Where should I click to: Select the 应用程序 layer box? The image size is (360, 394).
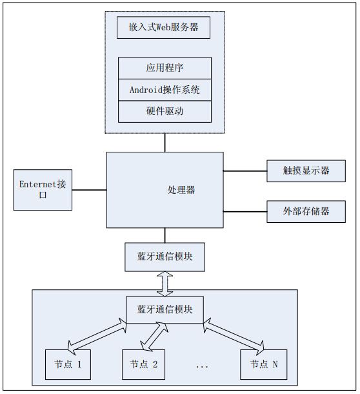click(165, 68)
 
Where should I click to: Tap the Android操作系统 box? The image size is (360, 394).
click(165, 89)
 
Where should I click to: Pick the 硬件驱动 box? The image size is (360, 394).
click(165, 111)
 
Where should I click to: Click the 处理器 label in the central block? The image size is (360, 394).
click(181, 190)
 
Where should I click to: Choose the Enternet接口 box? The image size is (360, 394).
click(43, 190)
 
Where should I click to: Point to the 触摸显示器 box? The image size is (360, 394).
click(306, 171)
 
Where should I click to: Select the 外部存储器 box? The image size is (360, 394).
click(306, 211)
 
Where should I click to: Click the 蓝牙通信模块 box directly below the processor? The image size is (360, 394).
click(165, 257)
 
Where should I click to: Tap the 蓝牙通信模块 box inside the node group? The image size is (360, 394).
click(165, 308)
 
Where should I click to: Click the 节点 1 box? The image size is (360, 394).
click(67, 364)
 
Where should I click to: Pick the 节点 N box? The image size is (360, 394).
click(263, 364)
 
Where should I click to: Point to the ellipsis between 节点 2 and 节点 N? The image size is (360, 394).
click(201, 366)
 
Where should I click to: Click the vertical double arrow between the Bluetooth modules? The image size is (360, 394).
click(165, 282)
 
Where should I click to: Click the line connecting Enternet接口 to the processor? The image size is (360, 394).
click(89, 190)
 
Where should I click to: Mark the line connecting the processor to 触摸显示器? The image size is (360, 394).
click(245, 171)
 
